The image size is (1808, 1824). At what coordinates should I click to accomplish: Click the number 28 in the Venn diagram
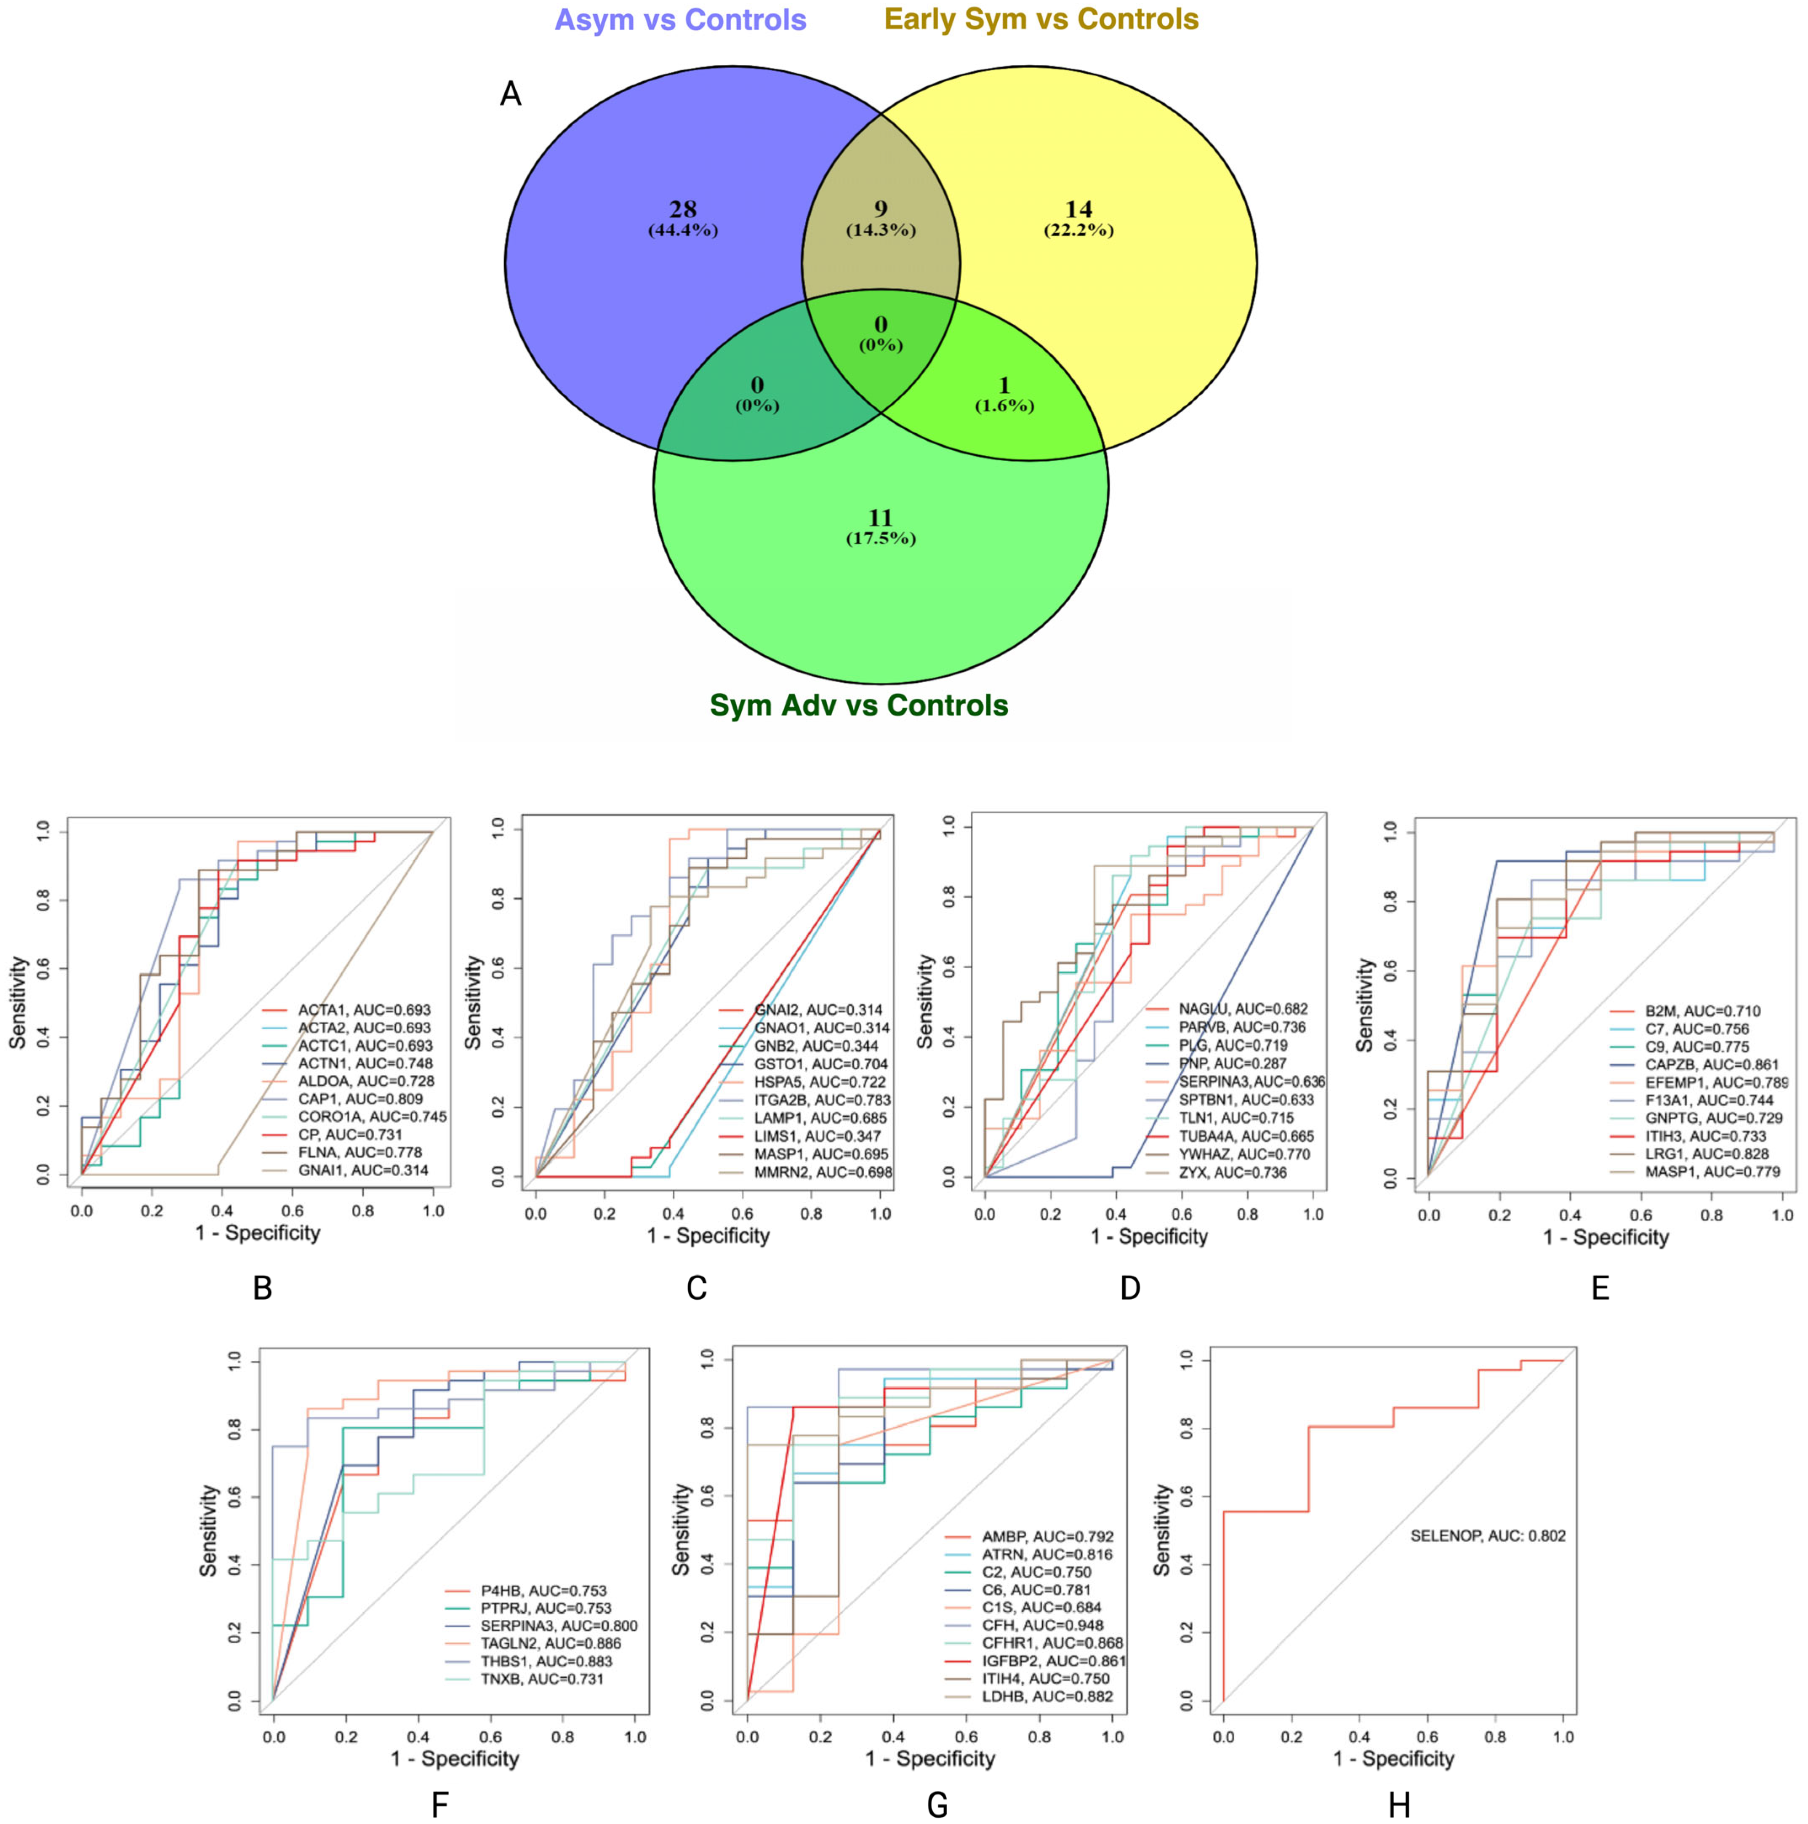click(x=682, y=208)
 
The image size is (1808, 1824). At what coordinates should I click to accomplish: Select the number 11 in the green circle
click(x=879, y=517)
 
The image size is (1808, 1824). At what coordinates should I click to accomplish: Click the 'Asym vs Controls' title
click(x=680, y=20)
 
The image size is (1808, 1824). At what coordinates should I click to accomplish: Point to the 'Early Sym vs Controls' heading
click(x=1041, y=19)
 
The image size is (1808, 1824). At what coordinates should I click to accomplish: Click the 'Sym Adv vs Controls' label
click(x=859, y=705)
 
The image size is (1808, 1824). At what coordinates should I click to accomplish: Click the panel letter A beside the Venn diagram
click(x=511, y=94)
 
